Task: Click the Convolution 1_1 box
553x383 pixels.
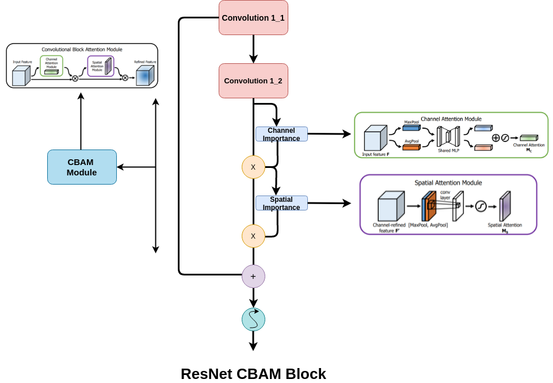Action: tap(253, 18)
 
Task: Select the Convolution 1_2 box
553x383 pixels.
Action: tap(253, 81)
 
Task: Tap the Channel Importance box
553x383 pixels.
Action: tap(281, 134)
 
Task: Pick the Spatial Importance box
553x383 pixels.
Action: tap(281, 203)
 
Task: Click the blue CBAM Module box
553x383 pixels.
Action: tap(82, 167)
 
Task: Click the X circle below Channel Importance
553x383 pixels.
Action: tap(253, 167)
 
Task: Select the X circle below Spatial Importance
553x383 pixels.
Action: tap(253, 236)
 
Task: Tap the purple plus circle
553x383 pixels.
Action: tap(253, 276)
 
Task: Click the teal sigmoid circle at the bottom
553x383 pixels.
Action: tap(253, 319)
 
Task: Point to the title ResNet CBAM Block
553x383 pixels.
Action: tap(253, 374)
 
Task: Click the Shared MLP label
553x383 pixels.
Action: tap(448, 151)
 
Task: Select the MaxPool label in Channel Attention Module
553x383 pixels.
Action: tap(411, 122)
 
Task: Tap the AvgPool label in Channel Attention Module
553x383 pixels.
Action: tap(411, 141)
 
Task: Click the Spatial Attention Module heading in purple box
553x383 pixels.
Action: tap(448, 183)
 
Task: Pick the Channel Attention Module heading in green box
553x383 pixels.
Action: tap(451, 119)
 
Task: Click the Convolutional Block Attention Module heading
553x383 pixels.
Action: tap(82, 49)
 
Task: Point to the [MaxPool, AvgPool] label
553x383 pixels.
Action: tap(428, 225)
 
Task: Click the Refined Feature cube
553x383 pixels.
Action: tap(144, 76)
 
